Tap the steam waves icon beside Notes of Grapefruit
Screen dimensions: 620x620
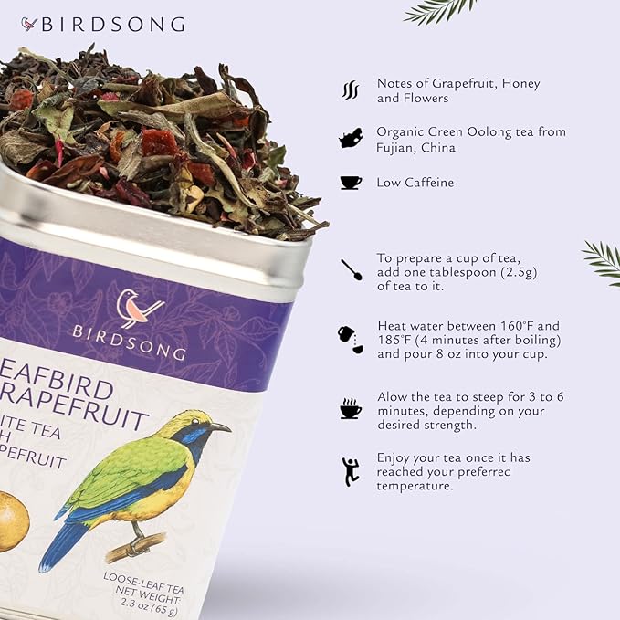click(x=350, y=89)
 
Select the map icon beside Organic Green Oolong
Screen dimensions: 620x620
click(x=350, y=138)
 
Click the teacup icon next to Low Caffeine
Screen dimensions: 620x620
click(x=351, y=183)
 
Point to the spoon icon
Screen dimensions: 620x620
click(x=351, y=270)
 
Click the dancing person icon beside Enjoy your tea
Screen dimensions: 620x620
click(x=350, y=471)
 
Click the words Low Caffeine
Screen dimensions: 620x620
click(x=415, y=183)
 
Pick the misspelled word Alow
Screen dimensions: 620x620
click(x=394, y=396)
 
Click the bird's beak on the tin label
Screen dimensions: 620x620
click(x=220, y=426)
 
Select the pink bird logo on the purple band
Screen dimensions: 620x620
click(x=141, y=308)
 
